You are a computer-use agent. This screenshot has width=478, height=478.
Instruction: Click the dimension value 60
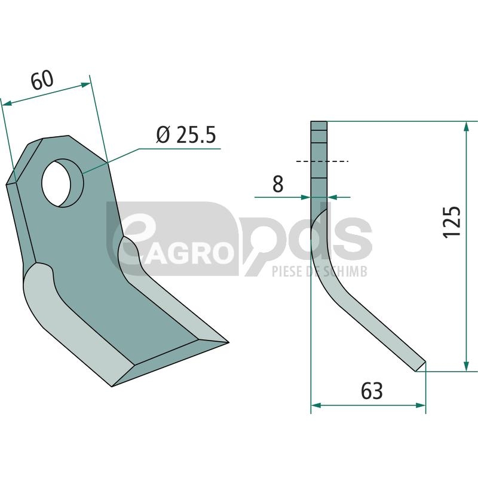[42, 80]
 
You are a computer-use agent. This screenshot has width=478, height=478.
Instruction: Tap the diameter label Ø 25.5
[186, 135]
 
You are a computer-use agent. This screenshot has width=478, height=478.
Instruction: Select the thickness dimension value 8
[278, 184]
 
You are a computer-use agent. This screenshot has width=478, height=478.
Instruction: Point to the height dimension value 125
[451, 222]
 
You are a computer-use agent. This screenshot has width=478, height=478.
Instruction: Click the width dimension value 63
[372, 391]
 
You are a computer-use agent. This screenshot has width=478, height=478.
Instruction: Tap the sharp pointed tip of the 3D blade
[228, 342]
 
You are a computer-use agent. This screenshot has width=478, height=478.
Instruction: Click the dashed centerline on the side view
[322, 161]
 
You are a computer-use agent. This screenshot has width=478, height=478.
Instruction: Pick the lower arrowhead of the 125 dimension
[466, 366]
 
